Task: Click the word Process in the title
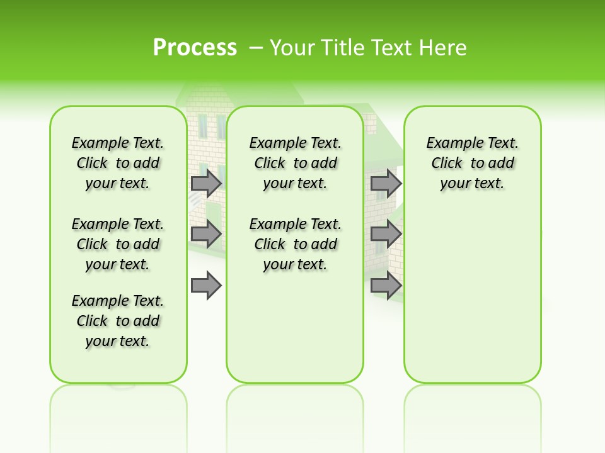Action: pyautogui.click(x=195, y=47)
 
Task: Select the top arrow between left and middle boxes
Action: pyautogui.click(x=206, y=183)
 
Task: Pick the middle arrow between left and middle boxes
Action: pyautogui.click(x=206, y=234)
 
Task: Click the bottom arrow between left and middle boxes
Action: pyautogui.click(x=206, y=286)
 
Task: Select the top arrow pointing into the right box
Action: pyautogui.click(x=386, y=183)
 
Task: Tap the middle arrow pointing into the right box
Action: pyautogui.click(x=386, y=234)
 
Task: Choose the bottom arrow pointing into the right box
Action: pyautogui.click(x=386, y=286)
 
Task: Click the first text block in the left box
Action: pyautogui.click(x=118, y=163)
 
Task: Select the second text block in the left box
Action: pyautogui.click(x=118, y=244)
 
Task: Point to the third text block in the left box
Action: pyautogui.click(x=118, y=321)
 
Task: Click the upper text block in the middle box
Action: pyautogui.click(x=295, y=163)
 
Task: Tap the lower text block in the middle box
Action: pyautogui.click(x=295, y=244)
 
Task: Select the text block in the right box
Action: pyautogui.click(x=472, y=163)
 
